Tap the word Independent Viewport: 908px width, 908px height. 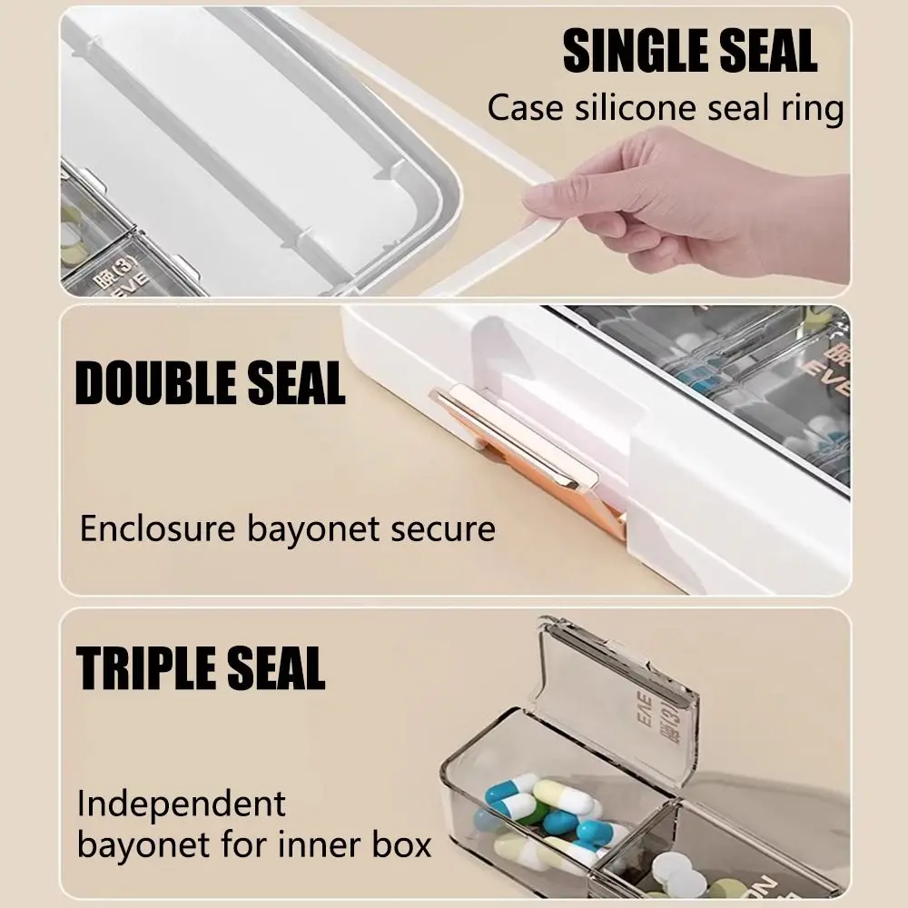coord(182,804)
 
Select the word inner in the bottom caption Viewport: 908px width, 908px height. coord(316,845)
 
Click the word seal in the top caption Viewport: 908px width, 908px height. coord(730,108)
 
